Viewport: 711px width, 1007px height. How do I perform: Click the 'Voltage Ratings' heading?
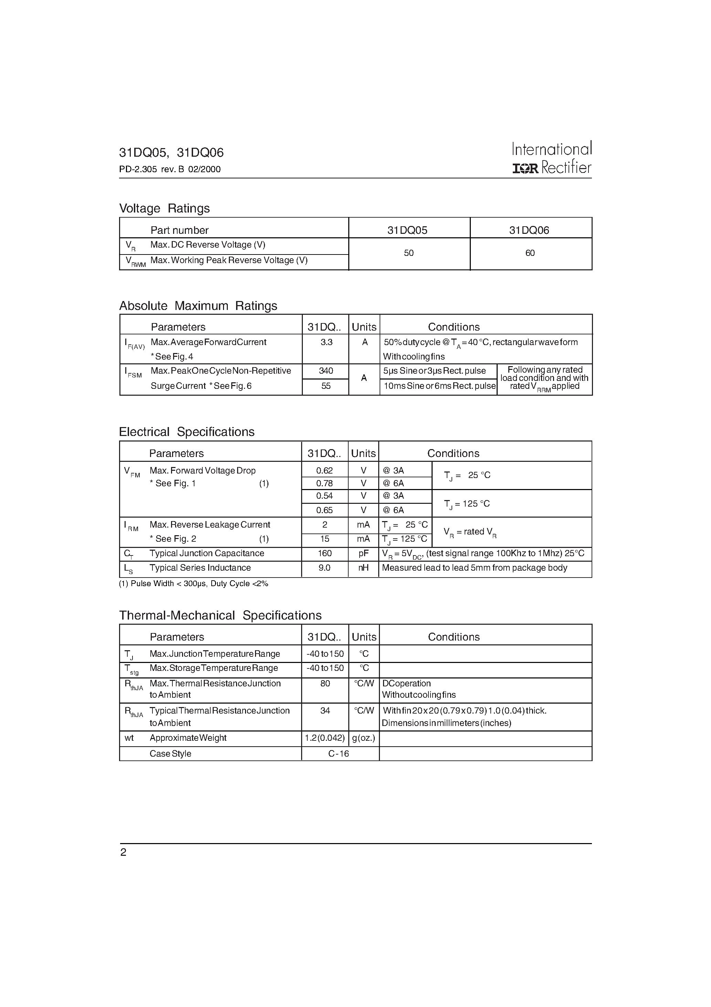(165, 208)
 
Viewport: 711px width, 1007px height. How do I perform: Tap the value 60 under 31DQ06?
(530, 253)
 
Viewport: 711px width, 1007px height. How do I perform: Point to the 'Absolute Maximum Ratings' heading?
(198, 306)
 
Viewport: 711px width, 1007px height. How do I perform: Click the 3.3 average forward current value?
(326, 342)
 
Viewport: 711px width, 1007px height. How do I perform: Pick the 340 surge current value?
(326, 371)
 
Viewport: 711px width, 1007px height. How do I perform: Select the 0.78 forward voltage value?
(325, 483)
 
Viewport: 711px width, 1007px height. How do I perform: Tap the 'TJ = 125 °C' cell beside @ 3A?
(467, 504)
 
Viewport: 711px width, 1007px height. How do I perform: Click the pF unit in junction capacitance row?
(363, 553)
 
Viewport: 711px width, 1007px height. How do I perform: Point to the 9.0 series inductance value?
(325, 568)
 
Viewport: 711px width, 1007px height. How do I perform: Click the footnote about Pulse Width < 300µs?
(193, 584)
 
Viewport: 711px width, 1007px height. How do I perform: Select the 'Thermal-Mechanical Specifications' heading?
(220, 615)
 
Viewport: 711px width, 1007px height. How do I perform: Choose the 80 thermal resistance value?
(325, 683)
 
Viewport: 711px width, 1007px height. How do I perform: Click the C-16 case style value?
(338, 754)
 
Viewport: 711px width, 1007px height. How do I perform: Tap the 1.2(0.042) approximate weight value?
(325, 738)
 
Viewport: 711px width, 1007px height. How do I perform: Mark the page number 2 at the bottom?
(123, 852)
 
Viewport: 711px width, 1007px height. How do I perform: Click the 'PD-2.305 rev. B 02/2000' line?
(170, 169)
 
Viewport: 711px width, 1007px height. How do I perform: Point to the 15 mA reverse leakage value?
(325, 539)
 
